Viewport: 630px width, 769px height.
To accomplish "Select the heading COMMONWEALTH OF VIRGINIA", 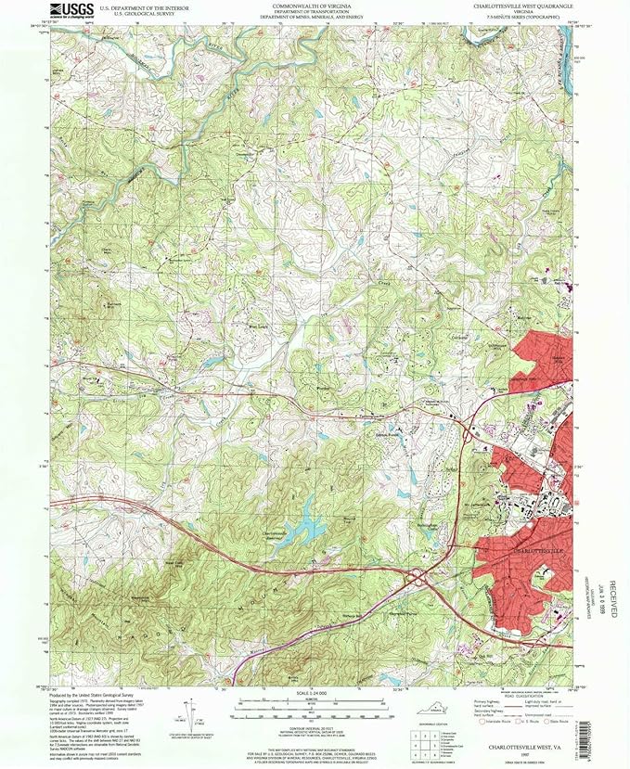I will pos(307,5).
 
